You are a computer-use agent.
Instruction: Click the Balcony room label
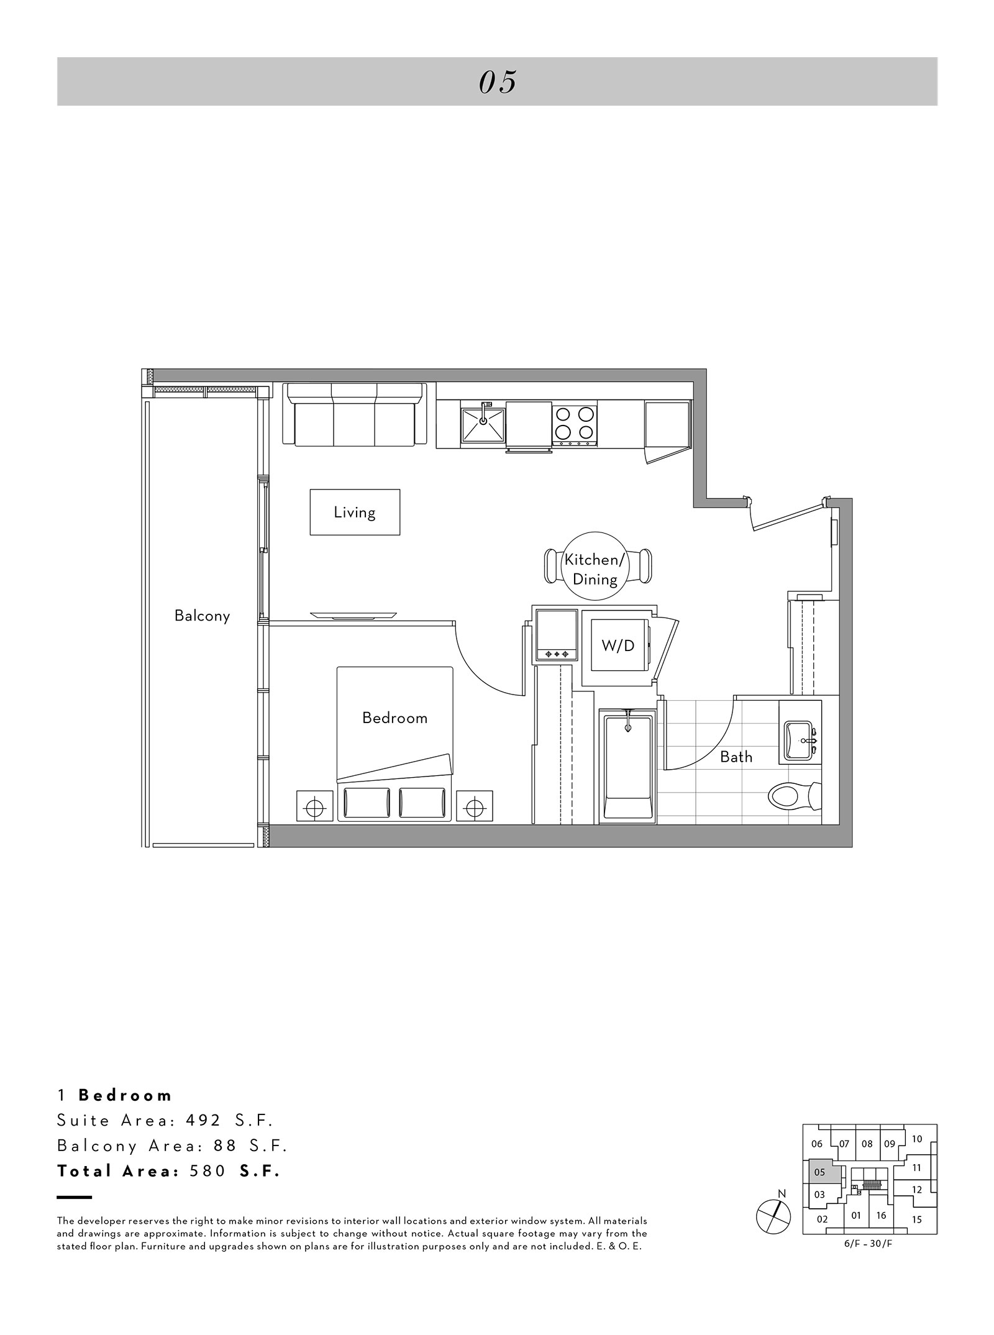click(202, 616)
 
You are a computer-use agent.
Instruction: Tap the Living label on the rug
click(355, 513)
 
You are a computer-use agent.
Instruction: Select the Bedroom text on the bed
click(394, 718)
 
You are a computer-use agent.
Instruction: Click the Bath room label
click(736, 757)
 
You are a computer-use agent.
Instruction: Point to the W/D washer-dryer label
click(618, 646)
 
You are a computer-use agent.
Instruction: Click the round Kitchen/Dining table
click(595, 566)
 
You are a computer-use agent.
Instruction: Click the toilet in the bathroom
click(795, 794)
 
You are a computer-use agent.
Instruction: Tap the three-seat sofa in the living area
click(355, 414)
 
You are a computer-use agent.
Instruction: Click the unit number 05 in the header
click(498, 82)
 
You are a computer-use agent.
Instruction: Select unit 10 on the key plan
click(917, 1139)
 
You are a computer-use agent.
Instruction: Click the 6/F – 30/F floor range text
click(870, 1242)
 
